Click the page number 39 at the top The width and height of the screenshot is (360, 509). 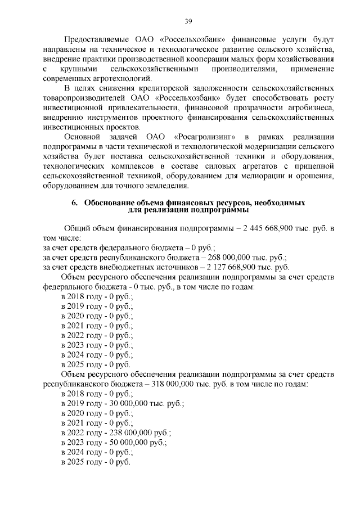click(188, 21)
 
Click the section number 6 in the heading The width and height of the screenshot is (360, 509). click(74, 202)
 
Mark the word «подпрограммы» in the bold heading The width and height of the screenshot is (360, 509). click(214, 210)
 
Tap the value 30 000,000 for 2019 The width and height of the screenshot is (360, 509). click(130, 404)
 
